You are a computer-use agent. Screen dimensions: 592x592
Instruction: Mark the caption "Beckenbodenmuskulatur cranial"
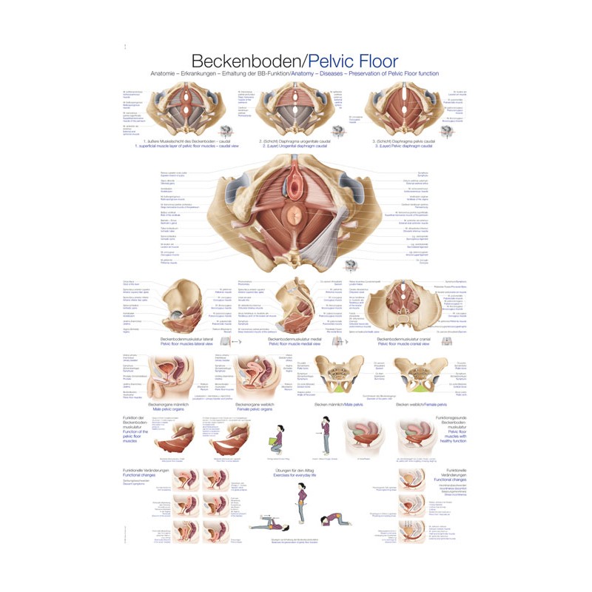pyautogui.click(x=406, y=340)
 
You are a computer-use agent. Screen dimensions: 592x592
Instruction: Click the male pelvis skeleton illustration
pyautogui.click(x=342, y=373)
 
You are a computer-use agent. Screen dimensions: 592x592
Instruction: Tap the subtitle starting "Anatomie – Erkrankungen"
pyautogui.click(x=295, y=74)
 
